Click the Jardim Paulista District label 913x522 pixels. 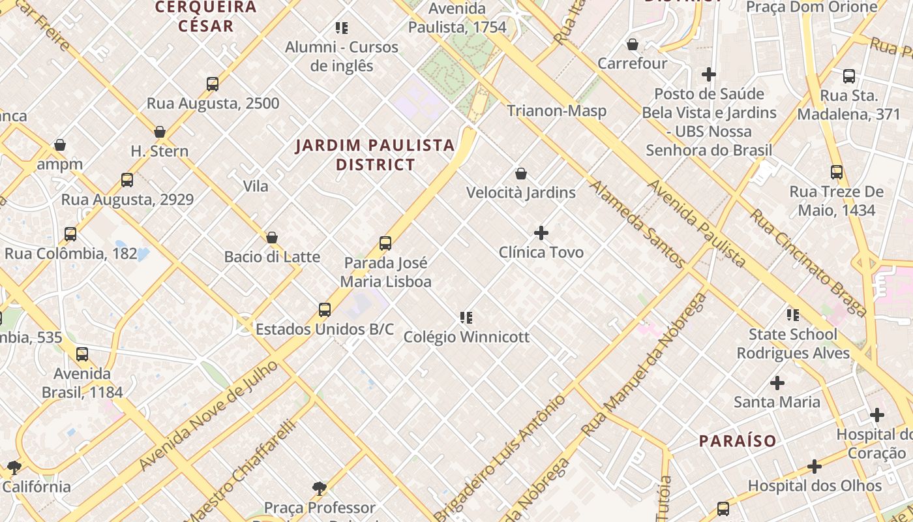[x=375, y=155]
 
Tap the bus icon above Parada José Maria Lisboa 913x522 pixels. [x=385, y=244]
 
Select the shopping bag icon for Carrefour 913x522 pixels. [x=632, y=44]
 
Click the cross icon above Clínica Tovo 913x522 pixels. [x=541, y=233]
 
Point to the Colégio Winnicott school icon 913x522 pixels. [x=466, y=318]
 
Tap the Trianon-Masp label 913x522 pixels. [x=557, y=111]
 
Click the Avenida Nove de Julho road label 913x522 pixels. [x=209, y=416]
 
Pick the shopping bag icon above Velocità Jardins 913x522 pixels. [x=520, y=174]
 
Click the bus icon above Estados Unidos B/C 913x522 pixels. [x=325, y=310]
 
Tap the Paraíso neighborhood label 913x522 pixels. [x=738, y=441]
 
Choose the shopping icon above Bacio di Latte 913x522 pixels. [x=272, y=238]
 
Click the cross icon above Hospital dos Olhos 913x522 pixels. [x=814, y=467]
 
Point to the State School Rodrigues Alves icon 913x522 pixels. [x=793, y=315]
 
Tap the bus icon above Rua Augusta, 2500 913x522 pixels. [x=213, y=84]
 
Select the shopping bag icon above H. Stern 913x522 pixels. [x=160, y=132]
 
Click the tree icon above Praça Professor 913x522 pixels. [x=319, y=488]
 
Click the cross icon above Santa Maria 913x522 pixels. [x=777, y=383]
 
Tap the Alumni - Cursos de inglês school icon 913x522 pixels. [x=342, y=28]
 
